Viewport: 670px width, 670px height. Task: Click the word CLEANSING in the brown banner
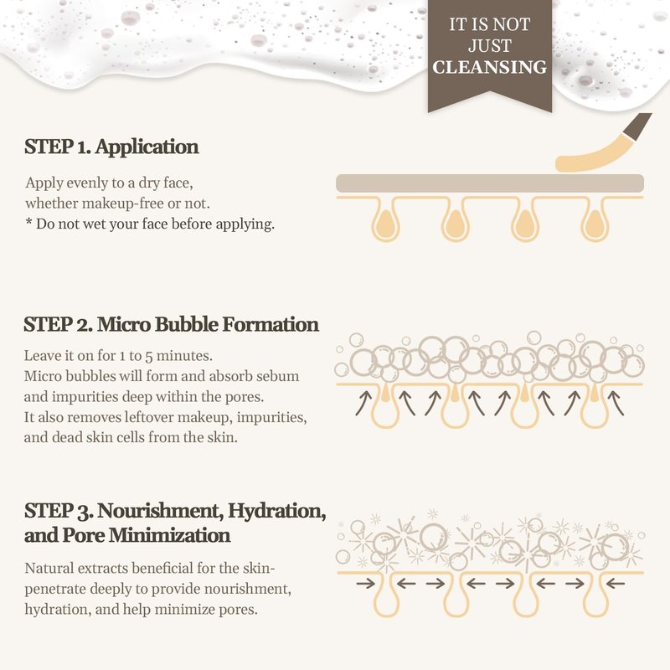(490, 67)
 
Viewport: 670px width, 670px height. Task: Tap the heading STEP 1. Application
(111, 147)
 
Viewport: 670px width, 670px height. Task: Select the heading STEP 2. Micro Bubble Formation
(172, 324)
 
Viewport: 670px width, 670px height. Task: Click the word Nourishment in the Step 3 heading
(161, 511)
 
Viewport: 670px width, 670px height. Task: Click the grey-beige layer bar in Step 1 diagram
(490, 183)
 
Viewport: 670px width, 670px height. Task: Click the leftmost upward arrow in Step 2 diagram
(363, 404)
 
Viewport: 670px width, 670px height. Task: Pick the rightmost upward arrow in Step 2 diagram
(616, 404)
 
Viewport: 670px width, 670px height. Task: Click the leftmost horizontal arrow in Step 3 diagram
(365, 583)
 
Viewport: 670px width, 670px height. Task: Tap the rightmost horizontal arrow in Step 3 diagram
(616, 583)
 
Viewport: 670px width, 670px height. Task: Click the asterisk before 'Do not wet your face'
(28, 222)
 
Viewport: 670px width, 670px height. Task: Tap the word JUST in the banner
(490, 46)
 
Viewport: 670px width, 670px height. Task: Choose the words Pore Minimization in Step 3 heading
(147, 535)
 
